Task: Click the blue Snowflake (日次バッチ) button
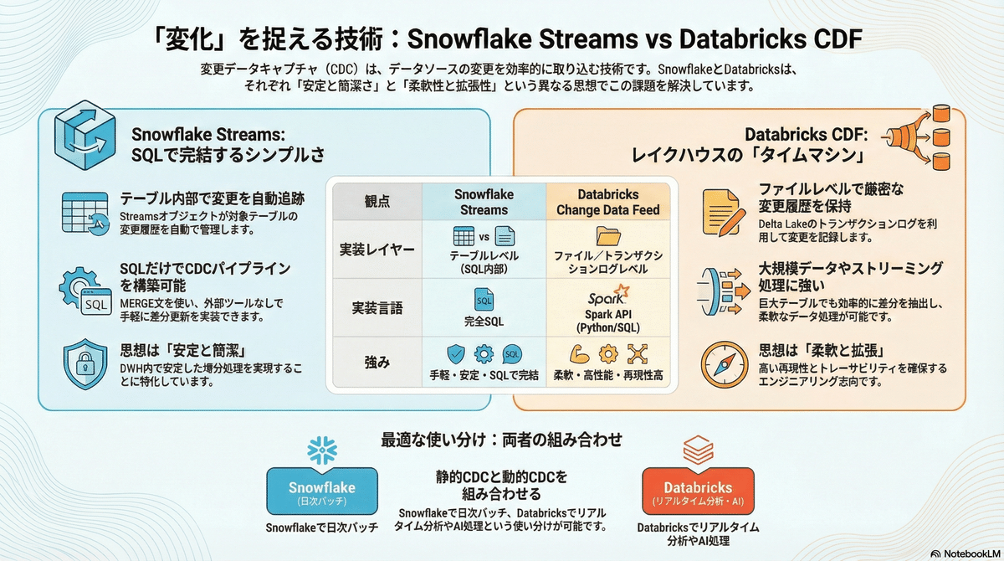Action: [x=322, y=492]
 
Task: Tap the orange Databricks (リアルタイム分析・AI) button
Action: [x=698, y=492]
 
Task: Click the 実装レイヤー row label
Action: [x=376, y=249]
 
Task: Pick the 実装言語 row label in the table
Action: [x=376, y=308]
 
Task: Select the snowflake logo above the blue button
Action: [x=322, y=450]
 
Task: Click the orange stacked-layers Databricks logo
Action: [x=697, y=450]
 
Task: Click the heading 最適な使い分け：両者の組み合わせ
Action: [x=502, y=439]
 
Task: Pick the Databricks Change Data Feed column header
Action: [x=608, y=201]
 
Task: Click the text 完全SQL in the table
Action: [x=484, y=320]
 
